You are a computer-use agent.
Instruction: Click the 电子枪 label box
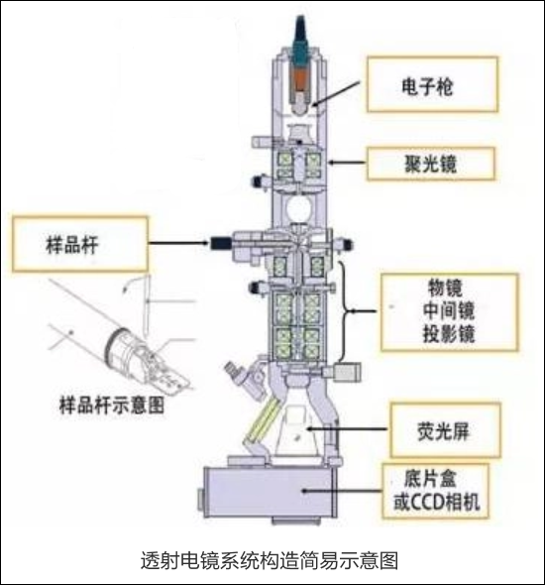pos(432,84)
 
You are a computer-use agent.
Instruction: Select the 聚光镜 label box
pos(431,164)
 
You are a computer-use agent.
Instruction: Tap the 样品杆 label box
pos(80,244)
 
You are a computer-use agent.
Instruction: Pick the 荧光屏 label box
pos(445,430)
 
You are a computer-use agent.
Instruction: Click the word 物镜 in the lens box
pos(446,288)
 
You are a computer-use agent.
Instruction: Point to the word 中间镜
pos(449,310)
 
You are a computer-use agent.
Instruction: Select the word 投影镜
pos(449,333)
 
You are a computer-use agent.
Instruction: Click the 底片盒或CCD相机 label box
pos(435,491)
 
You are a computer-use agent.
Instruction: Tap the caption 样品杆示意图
pos(112,406)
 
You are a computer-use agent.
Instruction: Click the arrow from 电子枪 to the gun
pos(336,93)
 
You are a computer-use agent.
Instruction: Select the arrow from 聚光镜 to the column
pos(347,163)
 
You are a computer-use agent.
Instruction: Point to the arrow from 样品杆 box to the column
pos(179,243)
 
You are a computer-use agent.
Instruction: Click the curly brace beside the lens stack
pos(345,310)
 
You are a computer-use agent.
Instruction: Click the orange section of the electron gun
pos(299,78)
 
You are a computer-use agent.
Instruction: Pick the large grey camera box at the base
pos(269,492)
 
